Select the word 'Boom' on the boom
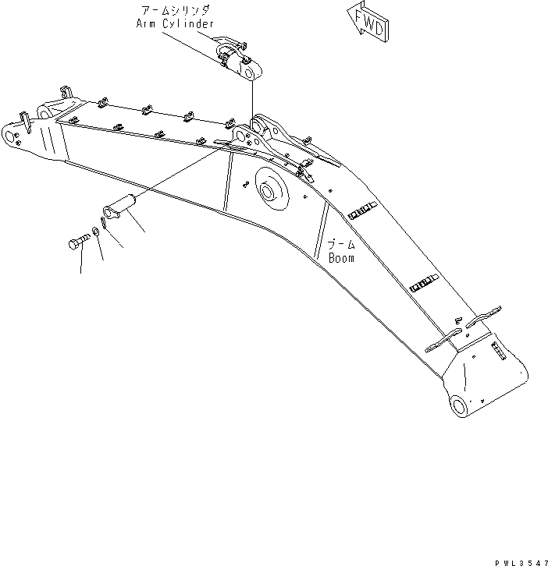pyautogui.click(x=341, y=258)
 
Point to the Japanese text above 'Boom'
pyautogui.click(x=340, y=245)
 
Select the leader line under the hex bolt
pyautogui.click(x=80, y=263)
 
